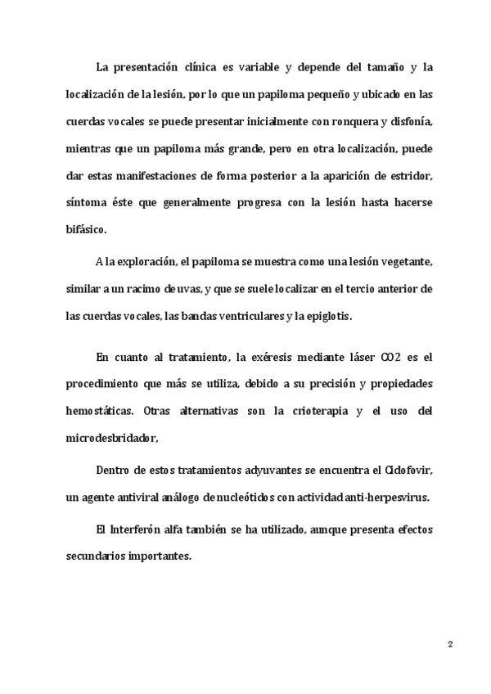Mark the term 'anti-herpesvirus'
[x=391, y=498]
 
